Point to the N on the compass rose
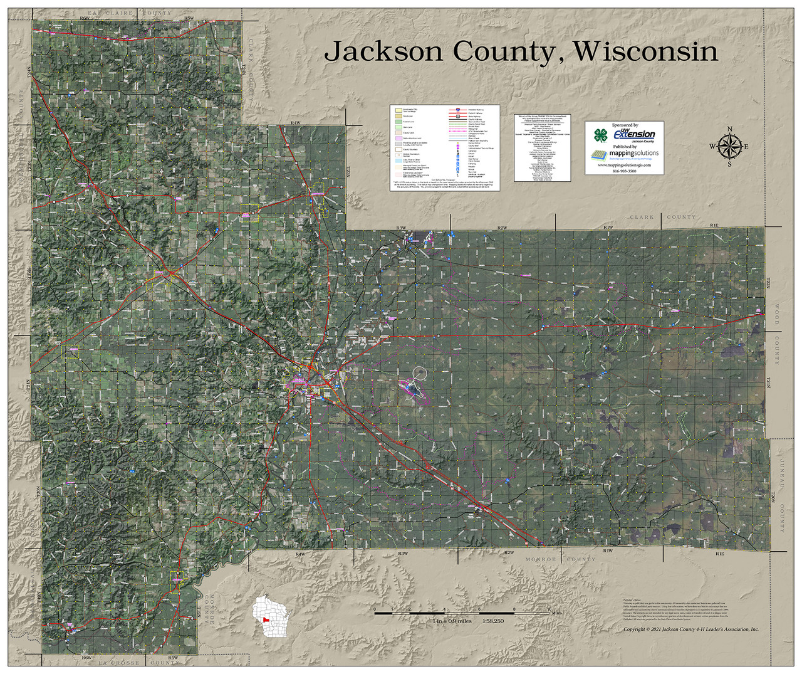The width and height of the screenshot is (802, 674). point(729,130)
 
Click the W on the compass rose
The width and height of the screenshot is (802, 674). point(712,147)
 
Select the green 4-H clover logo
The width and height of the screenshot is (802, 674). point(601,135)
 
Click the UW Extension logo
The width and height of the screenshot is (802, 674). point(633,134)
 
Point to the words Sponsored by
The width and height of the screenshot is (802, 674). point(625,125)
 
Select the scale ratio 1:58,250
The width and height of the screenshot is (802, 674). point(492,621)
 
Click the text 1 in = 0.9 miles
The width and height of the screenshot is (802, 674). point(452,621)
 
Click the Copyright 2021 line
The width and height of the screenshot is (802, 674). point(690,629)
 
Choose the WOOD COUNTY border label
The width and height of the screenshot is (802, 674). point(778,334)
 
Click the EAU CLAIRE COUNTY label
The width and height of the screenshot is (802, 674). point(129,13)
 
